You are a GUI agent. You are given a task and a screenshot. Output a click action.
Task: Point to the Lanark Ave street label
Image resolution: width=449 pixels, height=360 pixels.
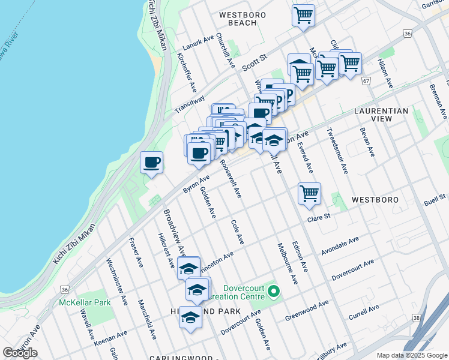tap(200, 44)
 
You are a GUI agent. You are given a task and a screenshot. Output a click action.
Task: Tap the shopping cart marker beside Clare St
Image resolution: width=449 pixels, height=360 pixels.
tap(309, 194)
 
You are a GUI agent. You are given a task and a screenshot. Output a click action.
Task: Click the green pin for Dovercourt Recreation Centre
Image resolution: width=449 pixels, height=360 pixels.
tap(274, 292)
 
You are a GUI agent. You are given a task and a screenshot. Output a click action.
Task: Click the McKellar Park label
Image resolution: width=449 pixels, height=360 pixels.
tap(85, 302)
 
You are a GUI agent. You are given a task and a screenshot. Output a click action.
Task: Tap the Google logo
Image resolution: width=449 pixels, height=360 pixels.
tap(20, 353)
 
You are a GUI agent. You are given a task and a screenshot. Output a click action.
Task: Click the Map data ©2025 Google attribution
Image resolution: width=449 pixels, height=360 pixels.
tap(411, 355)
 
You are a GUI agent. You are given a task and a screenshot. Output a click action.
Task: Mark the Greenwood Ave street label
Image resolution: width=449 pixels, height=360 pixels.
tap(307, 310)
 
